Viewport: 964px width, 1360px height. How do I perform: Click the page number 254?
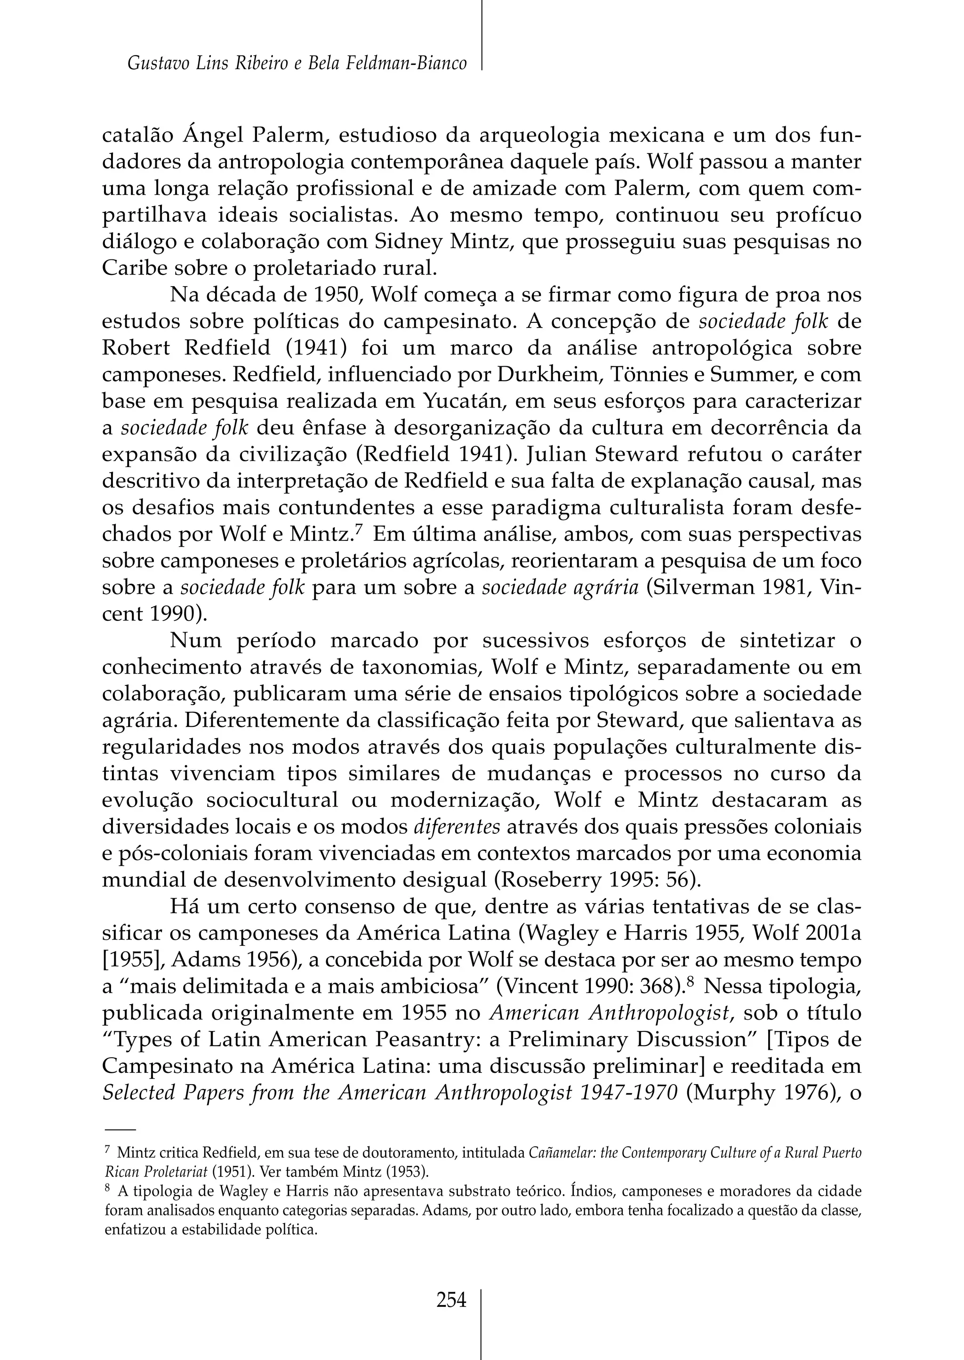point(451,1301)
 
